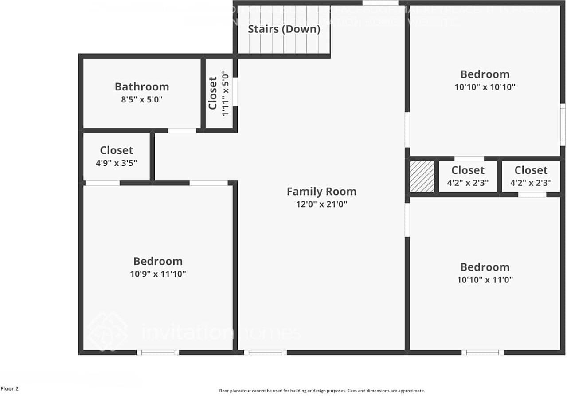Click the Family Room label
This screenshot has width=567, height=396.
321,192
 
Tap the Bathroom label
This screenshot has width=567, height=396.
142,86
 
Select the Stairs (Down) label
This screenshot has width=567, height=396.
284,29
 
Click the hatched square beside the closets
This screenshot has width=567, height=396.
422,176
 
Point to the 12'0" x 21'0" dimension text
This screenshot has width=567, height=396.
321,204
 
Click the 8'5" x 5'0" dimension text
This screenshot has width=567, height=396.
142,100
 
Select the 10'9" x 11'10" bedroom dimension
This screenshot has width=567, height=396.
158,274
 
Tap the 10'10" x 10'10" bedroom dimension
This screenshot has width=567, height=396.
485,87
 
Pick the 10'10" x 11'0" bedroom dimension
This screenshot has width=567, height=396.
485,280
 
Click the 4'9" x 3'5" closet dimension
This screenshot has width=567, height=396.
116,163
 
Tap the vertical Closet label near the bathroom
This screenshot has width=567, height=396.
213,93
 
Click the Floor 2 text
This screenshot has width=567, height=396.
10,389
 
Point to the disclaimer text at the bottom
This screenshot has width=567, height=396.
321,391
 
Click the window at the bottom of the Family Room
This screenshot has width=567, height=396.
265,353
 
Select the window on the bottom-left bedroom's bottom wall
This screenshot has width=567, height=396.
158,353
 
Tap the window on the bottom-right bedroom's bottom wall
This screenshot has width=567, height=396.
482,353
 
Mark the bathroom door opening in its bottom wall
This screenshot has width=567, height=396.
182,130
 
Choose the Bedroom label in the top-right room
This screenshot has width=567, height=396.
485,74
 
